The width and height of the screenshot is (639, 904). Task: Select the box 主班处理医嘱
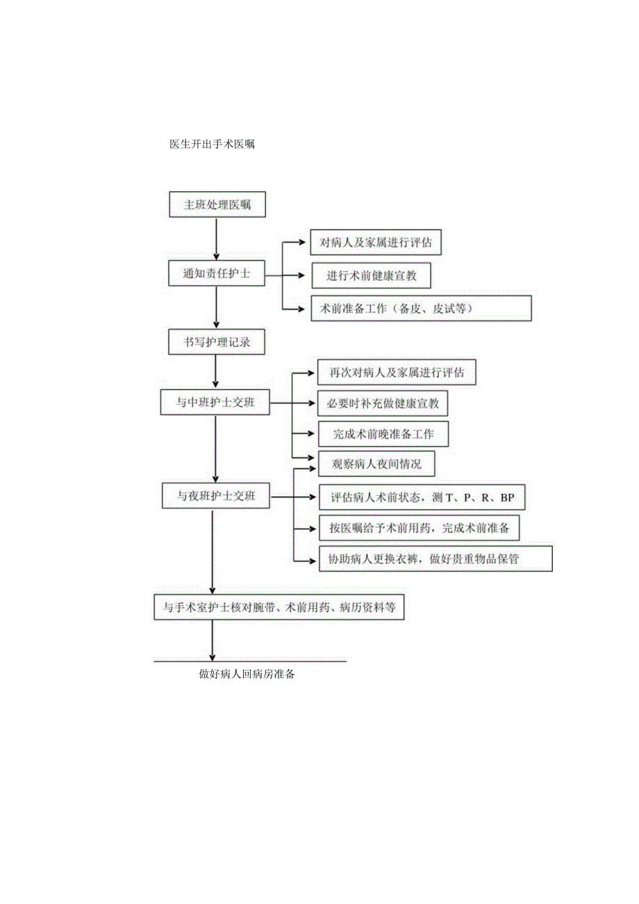pos(217,205)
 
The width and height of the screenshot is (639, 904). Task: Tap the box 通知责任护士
pos(217,274)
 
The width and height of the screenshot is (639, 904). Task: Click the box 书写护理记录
pos(217,343)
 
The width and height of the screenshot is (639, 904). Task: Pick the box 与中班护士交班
pos(215,402)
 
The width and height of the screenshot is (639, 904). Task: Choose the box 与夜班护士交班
pos(215,496)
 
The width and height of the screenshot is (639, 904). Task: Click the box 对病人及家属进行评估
pos(376,243)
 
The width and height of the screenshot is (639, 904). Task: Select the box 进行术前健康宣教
pos(371,275)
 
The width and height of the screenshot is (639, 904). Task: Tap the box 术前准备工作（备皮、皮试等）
pos(422,309)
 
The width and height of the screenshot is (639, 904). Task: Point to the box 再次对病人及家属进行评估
pos(397,372)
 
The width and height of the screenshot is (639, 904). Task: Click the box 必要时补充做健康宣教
pos(383,403)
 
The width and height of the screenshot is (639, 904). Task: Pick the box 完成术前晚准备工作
pos(383,434)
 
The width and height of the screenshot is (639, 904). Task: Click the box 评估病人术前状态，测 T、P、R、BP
pos(422,498)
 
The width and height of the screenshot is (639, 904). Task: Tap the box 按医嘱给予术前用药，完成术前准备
pos(420,528)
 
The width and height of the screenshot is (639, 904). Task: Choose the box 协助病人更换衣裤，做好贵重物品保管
pos(435,559)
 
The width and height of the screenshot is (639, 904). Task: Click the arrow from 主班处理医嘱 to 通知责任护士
pos(217,240)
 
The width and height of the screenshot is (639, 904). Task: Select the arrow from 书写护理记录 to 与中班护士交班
pos(217,372)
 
